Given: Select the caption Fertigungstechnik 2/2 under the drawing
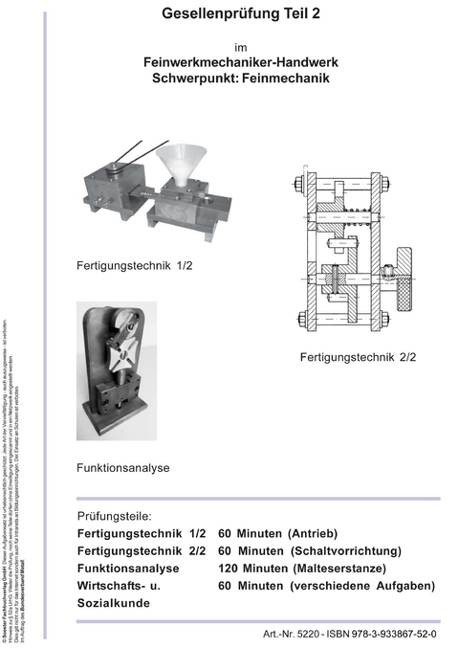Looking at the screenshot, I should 358,356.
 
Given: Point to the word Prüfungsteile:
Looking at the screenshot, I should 115,514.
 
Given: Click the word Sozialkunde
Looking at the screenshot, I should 114,604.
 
